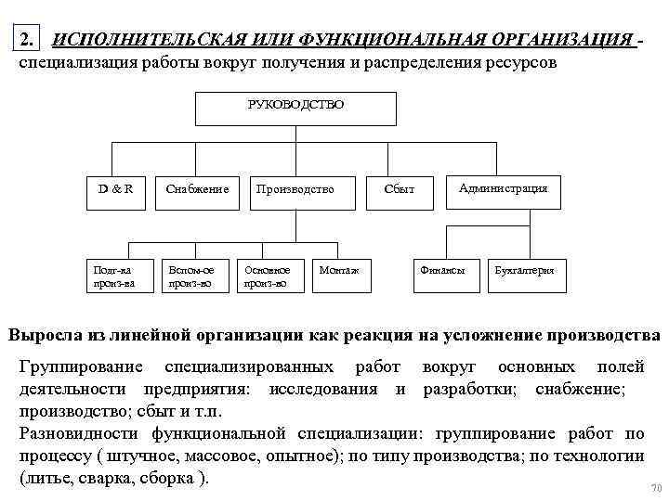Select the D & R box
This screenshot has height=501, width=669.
click(116, 189)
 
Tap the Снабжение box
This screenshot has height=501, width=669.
click(197, 189)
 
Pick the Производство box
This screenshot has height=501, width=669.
click(295, 189)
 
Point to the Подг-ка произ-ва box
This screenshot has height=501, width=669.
click(114, 276)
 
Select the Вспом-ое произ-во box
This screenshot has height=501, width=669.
click(191, 276)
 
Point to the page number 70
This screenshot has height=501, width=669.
click(656, 488)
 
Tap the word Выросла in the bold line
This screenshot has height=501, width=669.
click(48, 335)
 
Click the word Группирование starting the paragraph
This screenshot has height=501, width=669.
click(82, 366)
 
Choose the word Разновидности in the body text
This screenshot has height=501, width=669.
click(80, 434)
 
